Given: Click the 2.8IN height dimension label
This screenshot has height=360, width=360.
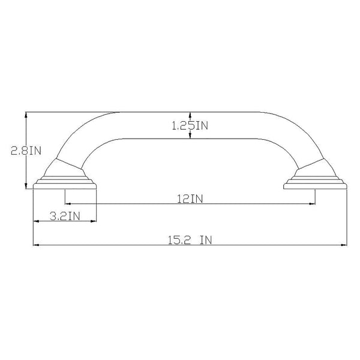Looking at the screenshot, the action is [x=26, y=151].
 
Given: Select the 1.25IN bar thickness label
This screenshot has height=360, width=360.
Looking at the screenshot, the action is [x=190, y=125].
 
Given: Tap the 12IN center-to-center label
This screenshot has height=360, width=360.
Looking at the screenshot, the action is [x=190, y=199].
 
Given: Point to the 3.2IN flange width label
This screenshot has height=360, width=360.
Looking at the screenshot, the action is [x=65, y=216].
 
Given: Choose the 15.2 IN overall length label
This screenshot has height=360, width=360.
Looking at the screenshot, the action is [x=190, y=240].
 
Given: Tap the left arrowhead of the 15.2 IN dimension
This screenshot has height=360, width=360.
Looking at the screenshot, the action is [x=36, y=245].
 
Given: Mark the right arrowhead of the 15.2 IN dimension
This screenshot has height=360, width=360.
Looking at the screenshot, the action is [x=344, y=245].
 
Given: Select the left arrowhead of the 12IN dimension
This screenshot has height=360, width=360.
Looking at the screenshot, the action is [x=68, y=203].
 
